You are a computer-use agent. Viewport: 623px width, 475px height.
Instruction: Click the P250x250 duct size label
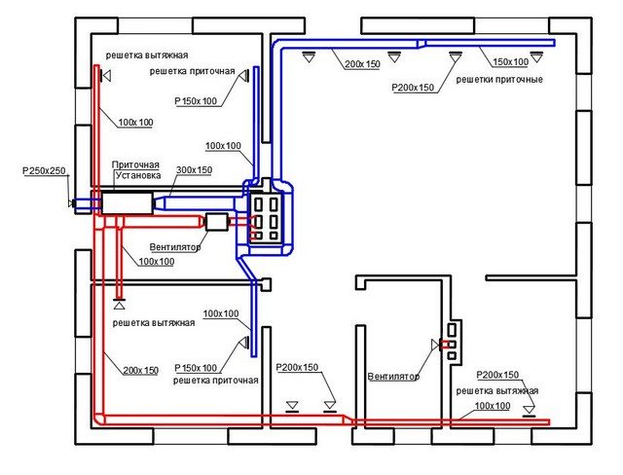click(44, 171)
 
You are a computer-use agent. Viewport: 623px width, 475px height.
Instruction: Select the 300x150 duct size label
click(194, 170)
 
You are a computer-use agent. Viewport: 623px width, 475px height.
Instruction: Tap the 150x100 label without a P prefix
click(511, 61)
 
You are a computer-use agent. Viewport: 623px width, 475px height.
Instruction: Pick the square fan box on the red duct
click(215, 222)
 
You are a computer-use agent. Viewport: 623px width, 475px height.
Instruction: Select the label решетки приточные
click(499, 78)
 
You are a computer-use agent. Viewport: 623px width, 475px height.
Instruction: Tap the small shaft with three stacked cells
click(451, 342)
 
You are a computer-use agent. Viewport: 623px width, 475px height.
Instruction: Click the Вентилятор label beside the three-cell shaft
click(392, 375)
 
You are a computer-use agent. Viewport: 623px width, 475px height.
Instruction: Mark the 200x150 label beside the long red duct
click(141, 370)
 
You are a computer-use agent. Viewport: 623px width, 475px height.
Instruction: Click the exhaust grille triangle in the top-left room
click(107, 75)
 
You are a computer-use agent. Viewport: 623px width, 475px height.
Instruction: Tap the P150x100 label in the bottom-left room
click(196, 368)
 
